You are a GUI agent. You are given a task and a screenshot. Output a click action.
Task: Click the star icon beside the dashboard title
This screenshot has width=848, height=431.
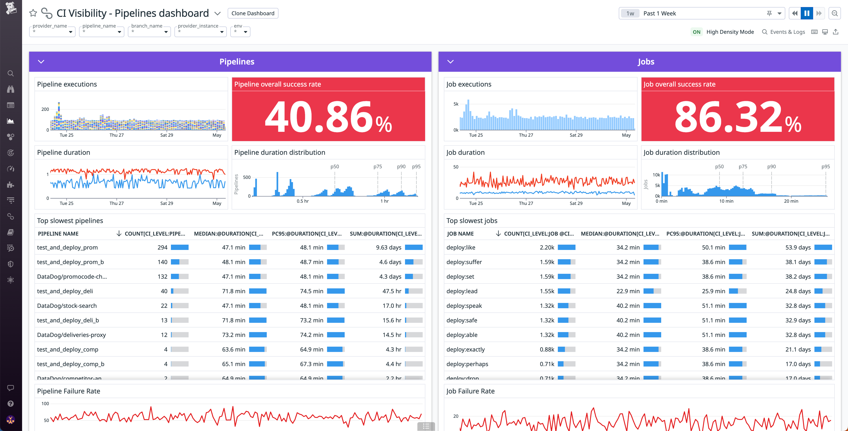pos(33,13)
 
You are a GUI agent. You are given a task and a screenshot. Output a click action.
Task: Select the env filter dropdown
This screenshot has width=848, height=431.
pos(240,32)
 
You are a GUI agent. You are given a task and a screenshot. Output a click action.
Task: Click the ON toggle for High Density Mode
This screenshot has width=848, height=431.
pos(696,32)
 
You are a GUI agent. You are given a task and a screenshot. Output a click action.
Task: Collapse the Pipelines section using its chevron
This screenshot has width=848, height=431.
pos(41,62)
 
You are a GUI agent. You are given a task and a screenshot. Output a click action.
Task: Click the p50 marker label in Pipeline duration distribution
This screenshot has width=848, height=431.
pos(334,167)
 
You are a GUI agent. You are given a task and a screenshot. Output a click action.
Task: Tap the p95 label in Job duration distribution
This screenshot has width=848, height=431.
pos(825,167)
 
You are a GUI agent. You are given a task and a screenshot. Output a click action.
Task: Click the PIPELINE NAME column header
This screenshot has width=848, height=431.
pos(58,234)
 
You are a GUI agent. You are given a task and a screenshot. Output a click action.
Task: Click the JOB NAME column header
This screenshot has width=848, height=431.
pos(460,234)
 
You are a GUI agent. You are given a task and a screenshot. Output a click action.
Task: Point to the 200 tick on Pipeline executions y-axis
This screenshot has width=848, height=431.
pos(45,109)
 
